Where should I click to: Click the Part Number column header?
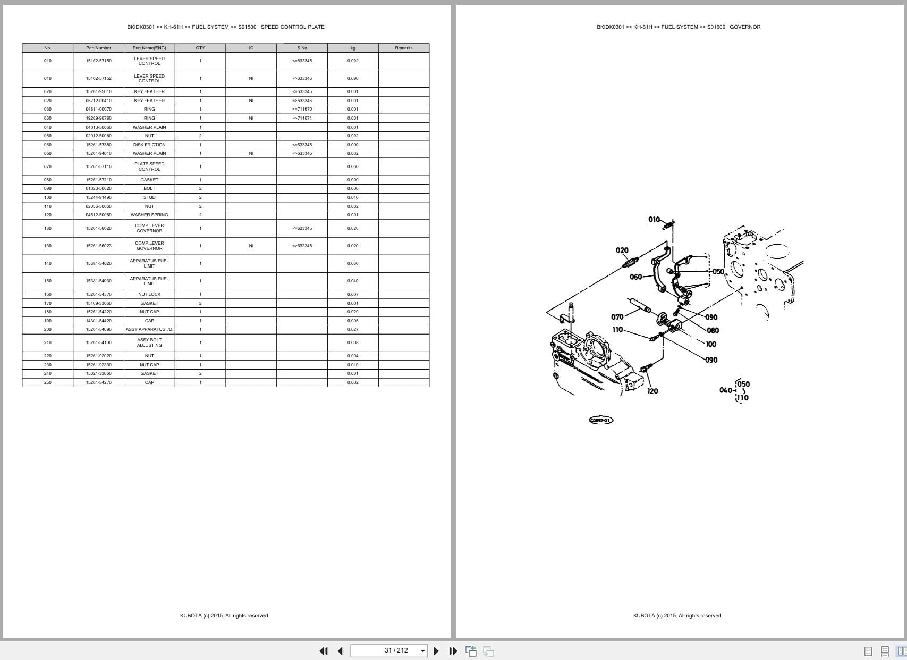(98, 48)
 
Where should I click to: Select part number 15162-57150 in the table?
(98, 61)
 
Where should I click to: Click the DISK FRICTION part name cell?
(149, 145)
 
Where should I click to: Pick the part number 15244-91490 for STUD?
(98, 197)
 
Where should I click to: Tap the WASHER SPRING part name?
(149, 215)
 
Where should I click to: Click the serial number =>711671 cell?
(302, 118)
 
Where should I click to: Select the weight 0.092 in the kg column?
(353, 61)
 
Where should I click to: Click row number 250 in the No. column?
(48, 382)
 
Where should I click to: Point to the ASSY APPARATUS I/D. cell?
(149, 329)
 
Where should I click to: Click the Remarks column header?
(403, 48)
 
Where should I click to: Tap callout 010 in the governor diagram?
(654, 219)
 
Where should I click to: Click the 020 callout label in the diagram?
(622, 250)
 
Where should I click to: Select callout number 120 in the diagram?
(652, 391)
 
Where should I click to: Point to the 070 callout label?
(617, 317)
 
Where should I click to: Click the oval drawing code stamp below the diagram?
(601, 420)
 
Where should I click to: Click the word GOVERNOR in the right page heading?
(745, 27)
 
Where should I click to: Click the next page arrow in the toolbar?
(436, 650)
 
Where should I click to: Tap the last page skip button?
(453, 650)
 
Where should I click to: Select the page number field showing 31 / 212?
(389, 650)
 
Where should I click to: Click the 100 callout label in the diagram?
(711, 344)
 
